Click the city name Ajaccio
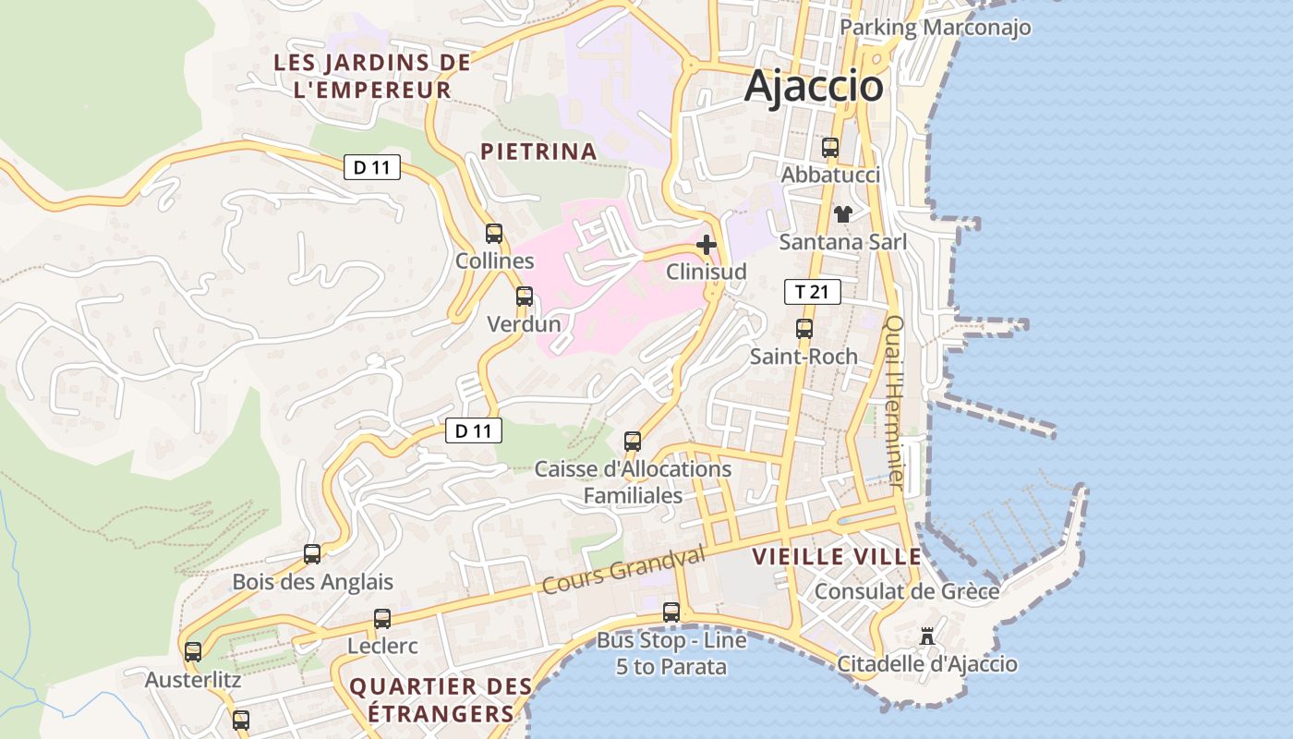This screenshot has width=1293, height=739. point(814,86)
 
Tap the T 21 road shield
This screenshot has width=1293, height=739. point(813,293)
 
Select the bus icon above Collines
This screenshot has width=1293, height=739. point(494,234)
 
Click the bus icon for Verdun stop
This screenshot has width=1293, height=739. point(525,297)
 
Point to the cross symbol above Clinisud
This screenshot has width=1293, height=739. point(707,245)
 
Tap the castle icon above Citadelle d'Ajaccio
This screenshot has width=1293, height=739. point(927,636)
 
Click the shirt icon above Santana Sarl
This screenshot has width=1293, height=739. point(842,214)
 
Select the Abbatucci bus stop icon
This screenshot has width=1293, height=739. point(830,148)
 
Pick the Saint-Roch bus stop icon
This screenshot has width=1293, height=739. point(804,329)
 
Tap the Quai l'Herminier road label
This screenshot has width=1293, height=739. point(895,402)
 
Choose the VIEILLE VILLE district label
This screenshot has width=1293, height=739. point(837,557)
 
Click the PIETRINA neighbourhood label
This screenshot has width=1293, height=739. point(538,151)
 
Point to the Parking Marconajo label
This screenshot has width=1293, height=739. point(935,28)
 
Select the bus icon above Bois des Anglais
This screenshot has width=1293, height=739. point(312,554)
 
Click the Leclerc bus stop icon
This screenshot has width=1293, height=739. point(382,619)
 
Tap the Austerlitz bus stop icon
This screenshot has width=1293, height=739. point(193,652)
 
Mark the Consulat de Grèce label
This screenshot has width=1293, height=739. point(907,591)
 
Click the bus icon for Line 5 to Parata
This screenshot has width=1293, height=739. point(671,612)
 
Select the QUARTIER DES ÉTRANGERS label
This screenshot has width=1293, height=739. point(441,699)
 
